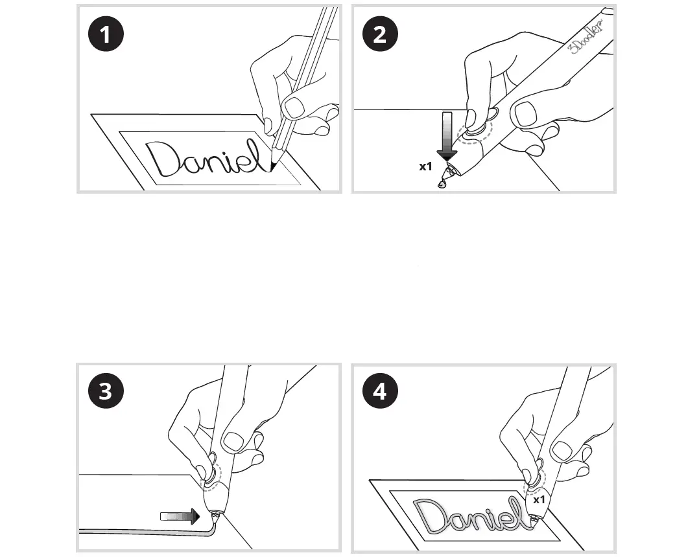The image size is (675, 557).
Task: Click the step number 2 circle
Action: click(379, 34)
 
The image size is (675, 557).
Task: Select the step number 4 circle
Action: click(379, 392)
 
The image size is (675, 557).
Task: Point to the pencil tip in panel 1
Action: click(273, 167)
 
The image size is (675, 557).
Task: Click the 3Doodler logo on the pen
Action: click(587, 39)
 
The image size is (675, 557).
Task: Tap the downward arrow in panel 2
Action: click(447, 136)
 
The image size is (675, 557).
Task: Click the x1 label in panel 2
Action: click(425, 166)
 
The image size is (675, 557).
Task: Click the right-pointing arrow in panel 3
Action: click(180, 516)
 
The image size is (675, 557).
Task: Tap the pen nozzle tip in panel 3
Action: click(214, 516)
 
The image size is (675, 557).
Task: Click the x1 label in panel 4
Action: click(539, 500)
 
